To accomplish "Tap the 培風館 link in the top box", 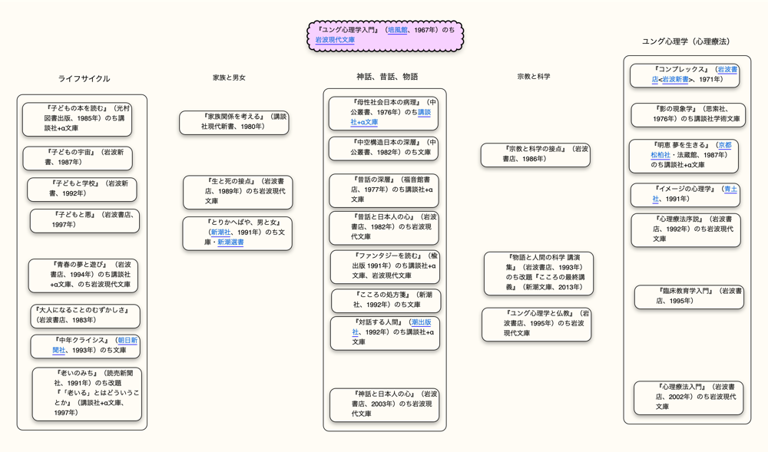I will (x=397, y=30).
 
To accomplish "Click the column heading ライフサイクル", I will (x=84, y=79).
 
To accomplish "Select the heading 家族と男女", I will (x=229, y=78).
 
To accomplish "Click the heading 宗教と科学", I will (x=534, y=77).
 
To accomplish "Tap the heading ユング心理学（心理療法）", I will (x=686, y=41).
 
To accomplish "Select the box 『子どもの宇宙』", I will (x=77, y=157).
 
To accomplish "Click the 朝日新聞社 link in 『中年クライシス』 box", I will (x=127, y=340).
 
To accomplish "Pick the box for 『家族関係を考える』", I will (x=234, y=122).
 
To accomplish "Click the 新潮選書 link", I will (x=230, y=242).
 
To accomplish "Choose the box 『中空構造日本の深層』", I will (x=384, y=147).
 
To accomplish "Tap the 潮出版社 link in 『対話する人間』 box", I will (x=420, y=322).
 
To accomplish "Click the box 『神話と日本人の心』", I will (x=384, y=404).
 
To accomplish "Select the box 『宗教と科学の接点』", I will (x=535, y=154).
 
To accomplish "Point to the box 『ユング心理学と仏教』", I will (x=537, y=324).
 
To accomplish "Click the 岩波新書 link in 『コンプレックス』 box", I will (x=675, y=80).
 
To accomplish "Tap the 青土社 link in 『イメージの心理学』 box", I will (x=730, y=189).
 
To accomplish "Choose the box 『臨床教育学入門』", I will (x=689, y=297).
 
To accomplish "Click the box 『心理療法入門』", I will (x=688, y=398).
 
